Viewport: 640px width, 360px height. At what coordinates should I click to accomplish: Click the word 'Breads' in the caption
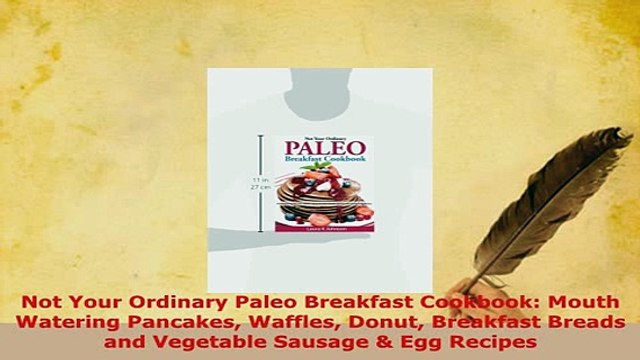(x=585, y=322)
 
